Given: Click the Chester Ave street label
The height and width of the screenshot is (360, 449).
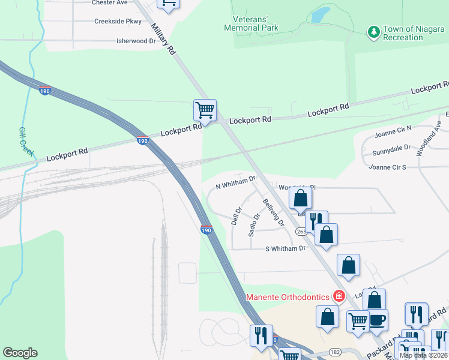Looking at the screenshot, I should pos(110,2).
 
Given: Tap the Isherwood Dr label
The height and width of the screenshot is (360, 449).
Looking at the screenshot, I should pos(136,41).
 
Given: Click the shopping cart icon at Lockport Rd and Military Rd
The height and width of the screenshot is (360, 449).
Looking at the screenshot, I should pos(205,110).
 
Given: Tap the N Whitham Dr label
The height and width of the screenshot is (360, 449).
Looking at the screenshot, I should pos(235,182).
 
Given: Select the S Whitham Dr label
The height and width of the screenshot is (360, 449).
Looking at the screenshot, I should pos(285,248).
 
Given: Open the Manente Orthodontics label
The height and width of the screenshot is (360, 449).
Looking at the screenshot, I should pos(288,297).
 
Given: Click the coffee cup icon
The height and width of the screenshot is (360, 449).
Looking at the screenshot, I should pos(378,319).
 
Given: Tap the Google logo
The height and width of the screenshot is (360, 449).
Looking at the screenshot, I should pos(20,353).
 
